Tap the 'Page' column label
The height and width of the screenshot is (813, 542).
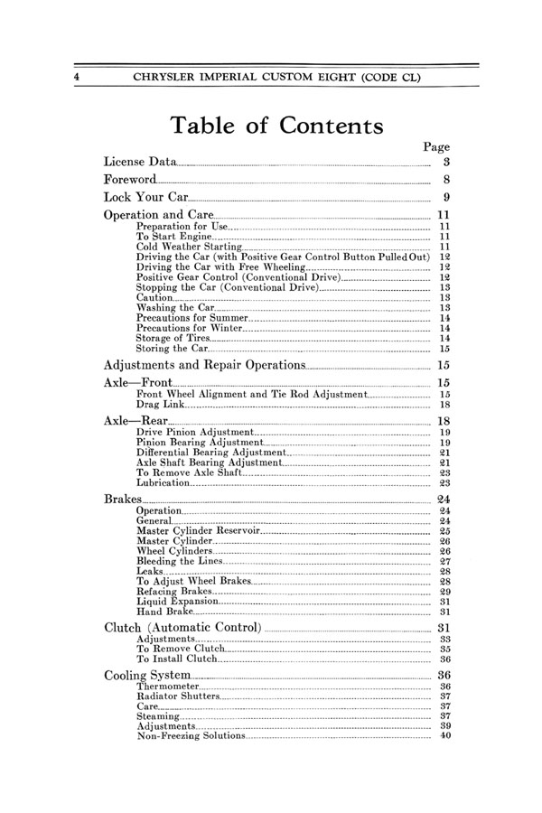[x=436, y=146]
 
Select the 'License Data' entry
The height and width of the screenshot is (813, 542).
[x=140, y=162]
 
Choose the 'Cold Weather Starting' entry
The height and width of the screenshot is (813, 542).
[x=189, y=247]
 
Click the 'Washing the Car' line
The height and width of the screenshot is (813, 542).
[x=175, y=308]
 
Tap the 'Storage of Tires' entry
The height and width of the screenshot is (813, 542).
[x=178, y=338]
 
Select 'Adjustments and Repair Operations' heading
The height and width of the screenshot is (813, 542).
[x=205, y=365]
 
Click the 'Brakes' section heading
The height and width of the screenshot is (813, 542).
[x=123, y=499]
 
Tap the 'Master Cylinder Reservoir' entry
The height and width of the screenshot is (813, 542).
[x=197, y=531]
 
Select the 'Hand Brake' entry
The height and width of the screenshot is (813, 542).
[x=164, y=612]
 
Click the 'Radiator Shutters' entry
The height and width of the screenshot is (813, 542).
[x=177, y=696]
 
